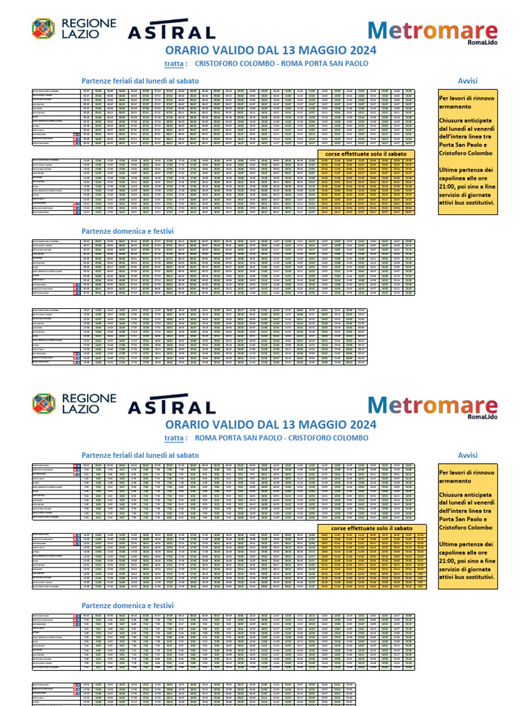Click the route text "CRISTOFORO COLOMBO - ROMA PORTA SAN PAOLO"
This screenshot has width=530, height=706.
(282, 63)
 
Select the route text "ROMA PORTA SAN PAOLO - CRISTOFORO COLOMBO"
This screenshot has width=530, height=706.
(282, 437)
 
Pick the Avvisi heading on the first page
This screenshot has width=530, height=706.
(468, 81)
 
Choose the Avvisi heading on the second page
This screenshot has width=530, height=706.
(468, 455)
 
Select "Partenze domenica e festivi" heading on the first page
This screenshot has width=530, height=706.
(128, 231)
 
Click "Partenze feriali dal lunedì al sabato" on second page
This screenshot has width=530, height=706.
(140, 455)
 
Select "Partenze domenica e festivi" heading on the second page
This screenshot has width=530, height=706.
(128, 605)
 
